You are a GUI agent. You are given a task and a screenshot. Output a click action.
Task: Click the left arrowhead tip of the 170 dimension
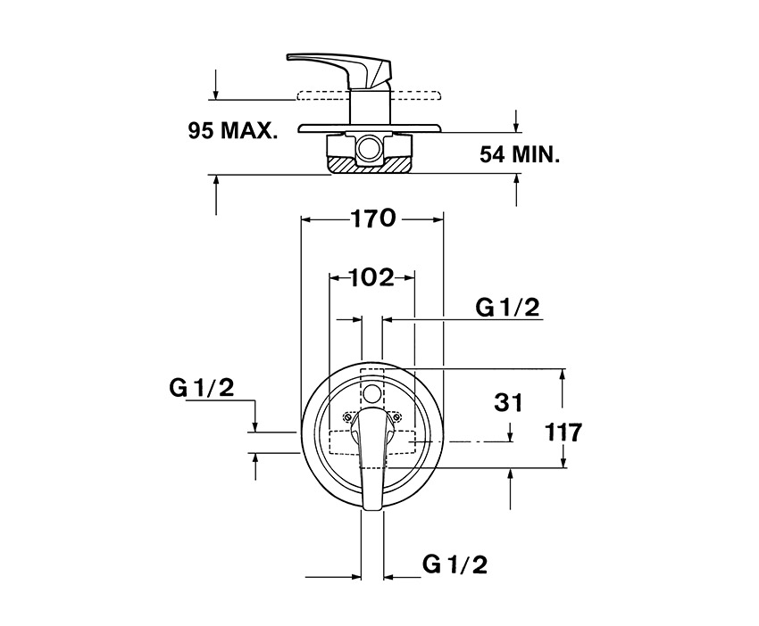(x=302, y=220)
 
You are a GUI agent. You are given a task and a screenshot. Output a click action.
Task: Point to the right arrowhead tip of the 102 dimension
(x=414, y=278)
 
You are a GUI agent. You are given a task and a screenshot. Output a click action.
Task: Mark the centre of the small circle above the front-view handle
(x=372, y=393)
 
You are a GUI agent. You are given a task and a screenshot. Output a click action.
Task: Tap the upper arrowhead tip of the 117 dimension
(x=563, y=369)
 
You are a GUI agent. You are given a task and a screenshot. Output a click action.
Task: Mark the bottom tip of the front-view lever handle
(x=371, y=509)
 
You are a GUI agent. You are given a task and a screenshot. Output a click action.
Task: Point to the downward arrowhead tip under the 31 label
(x=511, y=441)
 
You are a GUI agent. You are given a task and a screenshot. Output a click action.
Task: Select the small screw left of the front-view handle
(x=346, y=416)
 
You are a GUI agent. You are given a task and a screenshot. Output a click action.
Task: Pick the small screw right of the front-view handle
(x=397, y=416)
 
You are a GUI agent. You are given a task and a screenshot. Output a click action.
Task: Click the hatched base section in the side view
(x=371, y=164)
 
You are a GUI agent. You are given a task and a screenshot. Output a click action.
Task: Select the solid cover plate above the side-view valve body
(x=370, y=128)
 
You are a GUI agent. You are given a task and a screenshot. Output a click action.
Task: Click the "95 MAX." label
(x=233, y=130)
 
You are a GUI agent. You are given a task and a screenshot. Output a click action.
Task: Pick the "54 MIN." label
(x=520, y=154)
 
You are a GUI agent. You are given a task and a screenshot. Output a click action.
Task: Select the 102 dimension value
(x=371, y=277)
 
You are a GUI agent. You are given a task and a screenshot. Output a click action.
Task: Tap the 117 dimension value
(x=563, y=432)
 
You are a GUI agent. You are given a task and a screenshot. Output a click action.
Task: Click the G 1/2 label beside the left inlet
(x=202, y=387)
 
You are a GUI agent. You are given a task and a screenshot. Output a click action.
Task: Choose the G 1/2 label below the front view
(x=455, y=564)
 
